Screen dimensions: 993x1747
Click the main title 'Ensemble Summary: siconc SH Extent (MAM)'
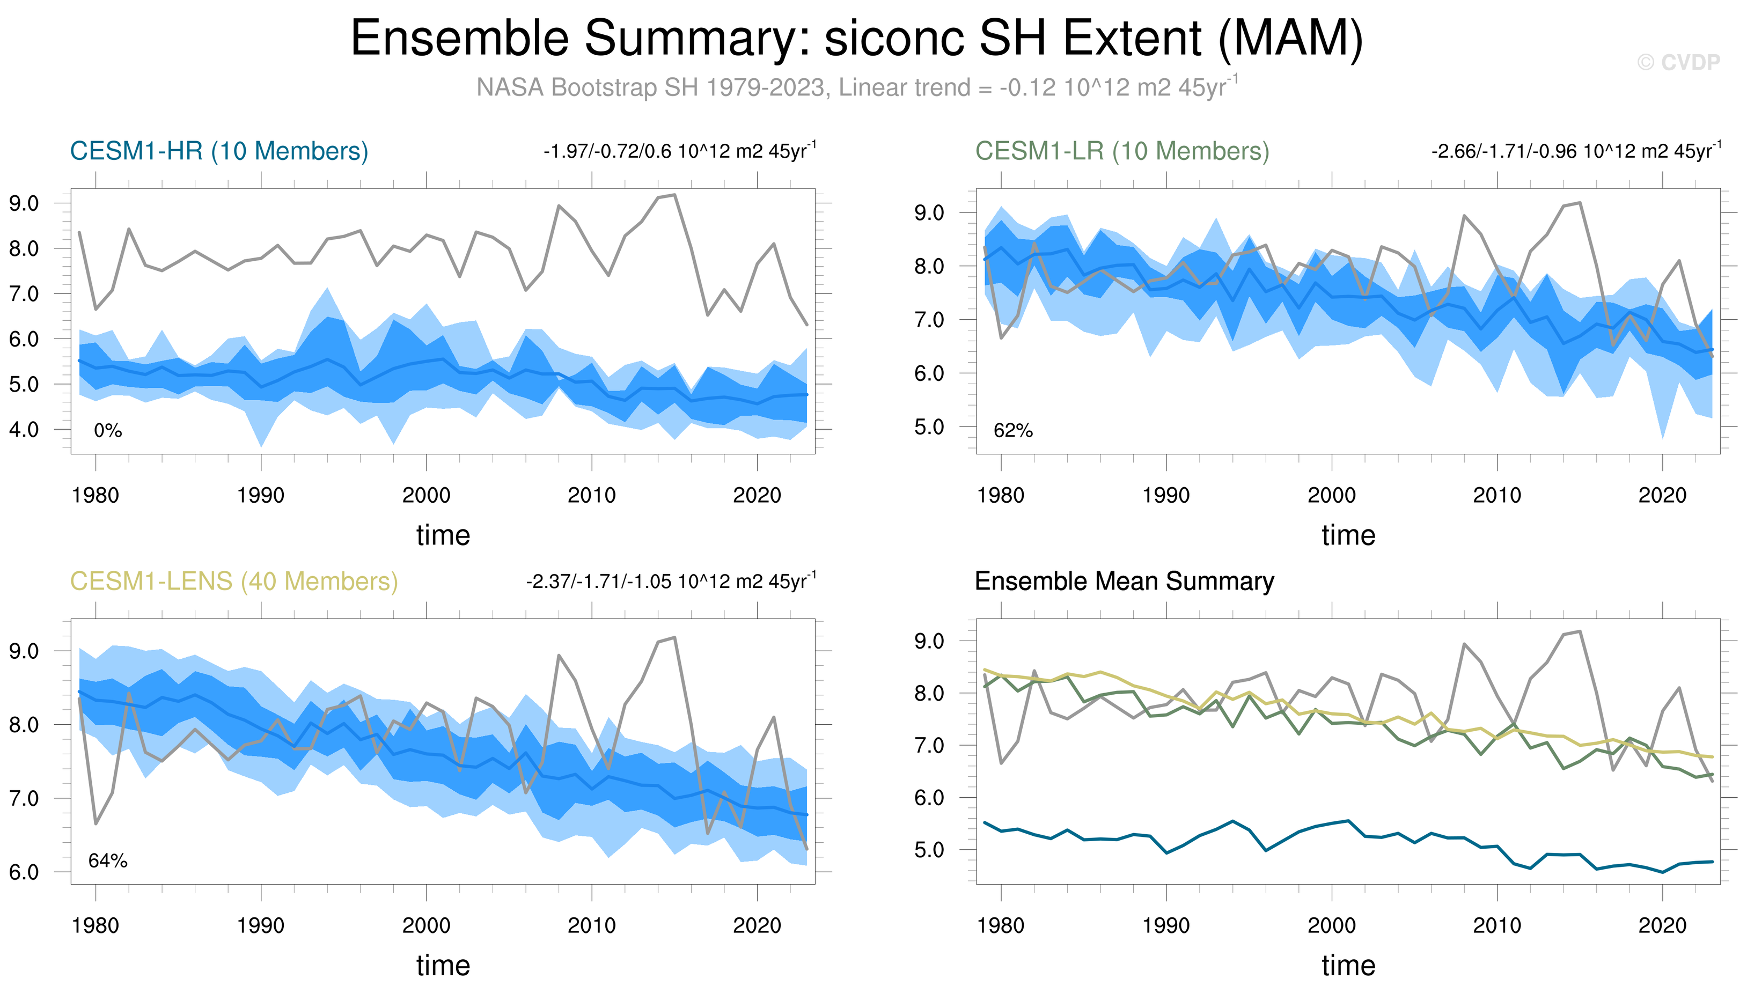[856, 38]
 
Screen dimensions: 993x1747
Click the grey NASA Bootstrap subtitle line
[856, 88]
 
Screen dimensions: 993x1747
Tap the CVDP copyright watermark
[1678, 63]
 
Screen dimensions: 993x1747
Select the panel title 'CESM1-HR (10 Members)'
[219, 151]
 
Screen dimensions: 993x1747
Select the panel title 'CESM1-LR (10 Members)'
[1122, 151]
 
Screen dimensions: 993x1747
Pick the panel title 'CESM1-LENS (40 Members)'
[234, 582]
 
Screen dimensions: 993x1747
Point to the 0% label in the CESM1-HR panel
[108, 431]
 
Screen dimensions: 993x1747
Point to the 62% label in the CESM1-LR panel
[1014, 431]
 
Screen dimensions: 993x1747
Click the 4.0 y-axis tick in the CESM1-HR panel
[24, 430]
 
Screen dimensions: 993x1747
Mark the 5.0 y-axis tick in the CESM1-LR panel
[929, 427]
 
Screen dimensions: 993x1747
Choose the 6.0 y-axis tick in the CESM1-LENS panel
[24, 872]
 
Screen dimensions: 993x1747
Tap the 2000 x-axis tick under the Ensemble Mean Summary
[1332, 925]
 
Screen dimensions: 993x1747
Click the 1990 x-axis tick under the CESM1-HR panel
[260, 495]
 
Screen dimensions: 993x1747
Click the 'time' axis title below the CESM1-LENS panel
[443, 966]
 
